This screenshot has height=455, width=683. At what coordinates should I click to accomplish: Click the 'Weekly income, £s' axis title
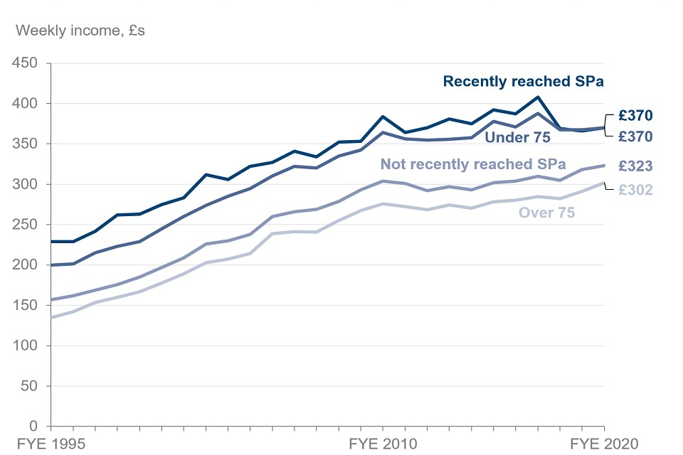[x=80, y=31]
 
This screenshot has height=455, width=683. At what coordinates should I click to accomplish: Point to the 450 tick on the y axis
[x=27, y=63]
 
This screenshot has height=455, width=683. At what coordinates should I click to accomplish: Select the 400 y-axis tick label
[x=27, y=104]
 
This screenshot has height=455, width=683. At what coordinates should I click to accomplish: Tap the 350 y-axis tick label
[x=27, y=144]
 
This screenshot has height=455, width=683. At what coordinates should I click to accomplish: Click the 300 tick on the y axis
[x=27, y=185]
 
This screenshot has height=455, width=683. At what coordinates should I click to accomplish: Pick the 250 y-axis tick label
[x=27, y=225]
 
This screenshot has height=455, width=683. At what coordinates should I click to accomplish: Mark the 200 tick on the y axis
[x=27, y=265]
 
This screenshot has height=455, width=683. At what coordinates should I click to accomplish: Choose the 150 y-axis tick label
[x=27, y=306]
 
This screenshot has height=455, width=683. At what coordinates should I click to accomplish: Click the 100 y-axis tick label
[x=27, y=346]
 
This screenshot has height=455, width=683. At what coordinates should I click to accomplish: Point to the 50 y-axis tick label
[x=31, y=387]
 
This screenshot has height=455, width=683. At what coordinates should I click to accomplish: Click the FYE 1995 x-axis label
[x=51, y=444]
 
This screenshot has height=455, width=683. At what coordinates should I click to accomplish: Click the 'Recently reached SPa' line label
[x=523, y=82]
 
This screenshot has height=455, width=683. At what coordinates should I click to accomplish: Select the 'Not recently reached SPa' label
[x=473, y=164]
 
